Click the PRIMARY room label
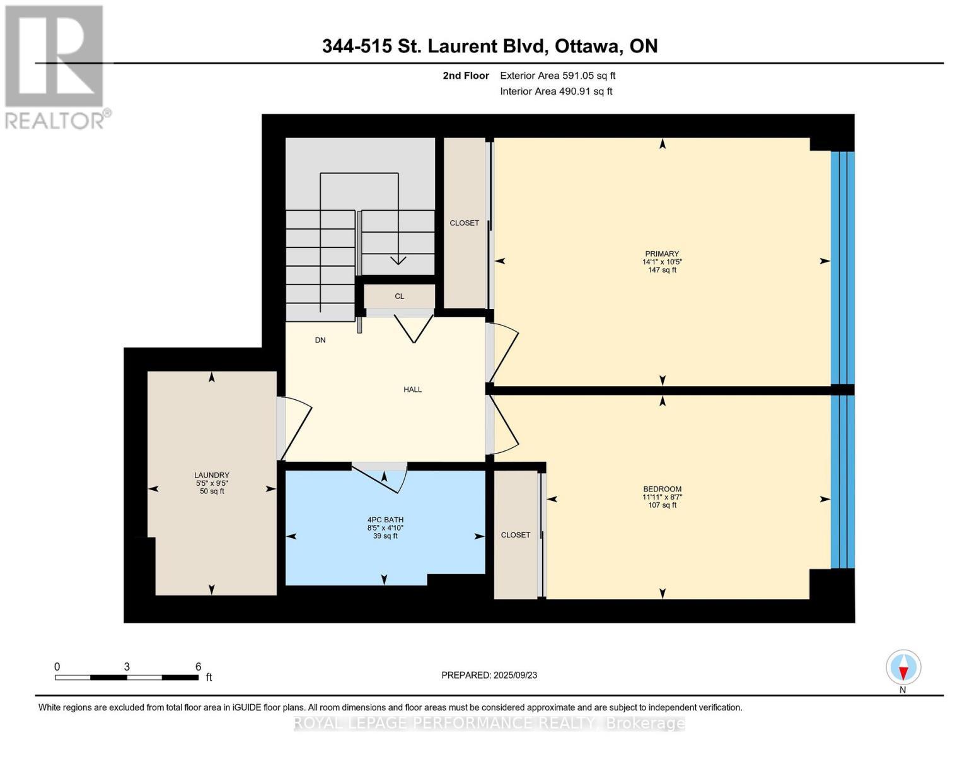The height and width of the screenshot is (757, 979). pos(661,254)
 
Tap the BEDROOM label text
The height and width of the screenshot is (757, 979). pos(662,489)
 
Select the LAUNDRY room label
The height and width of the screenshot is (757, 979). pos(212,475)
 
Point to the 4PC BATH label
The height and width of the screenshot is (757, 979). pos(385,520)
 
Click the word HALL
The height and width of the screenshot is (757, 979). pos(413,389)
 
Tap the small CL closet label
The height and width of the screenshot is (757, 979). pos(399,296)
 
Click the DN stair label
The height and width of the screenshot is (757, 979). pos(320,340)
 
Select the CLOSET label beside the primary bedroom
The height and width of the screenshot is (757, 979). pos(464,223)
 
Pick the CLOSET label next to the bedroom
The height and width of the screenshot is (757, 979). pos(515,535)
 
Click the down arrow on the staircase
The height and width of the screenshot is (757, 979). pos(398,259)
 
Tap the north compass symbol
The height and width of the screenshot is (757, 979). pos(903,667)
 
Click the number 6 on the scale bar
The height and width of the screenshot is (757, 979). pos(198,667)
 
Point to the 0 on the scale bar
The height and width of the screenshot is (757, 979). pos(57,667)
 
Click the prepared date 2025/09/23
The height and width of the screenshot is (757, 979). pos(515,675)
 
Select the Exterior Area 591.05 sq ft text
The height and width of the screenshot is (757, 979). pos(557,76)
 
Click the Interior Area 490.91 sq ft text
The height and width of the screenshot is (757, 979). pos(556,91)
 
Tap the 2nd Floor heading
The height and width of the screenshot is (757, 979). pos(466,76)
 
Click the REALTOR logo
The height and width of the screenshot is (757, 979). pos(55,66)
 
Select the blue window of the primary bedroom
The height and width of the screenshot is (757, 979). pos(842,268)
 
